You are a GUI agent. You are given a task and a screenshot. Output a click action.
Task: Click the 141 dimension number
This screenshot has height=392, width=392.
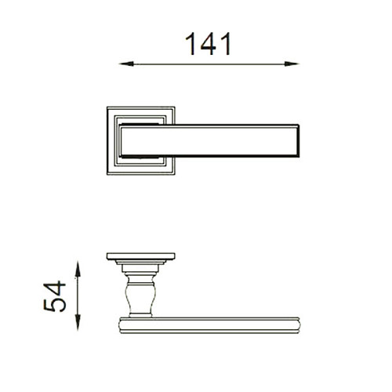[x=209, y=44]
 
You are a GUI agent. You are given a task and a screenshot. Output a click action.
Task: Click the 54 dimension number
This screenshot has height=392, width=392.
[x=55, y=296]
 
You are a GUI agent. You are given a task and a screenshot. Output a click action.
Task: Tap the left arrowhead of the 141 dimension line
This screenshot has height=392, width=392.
[x=126, y=64]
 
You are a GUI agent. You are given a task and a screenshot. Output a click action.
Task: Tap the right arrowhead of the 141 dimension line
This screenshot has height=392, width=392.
[x=292, y=64]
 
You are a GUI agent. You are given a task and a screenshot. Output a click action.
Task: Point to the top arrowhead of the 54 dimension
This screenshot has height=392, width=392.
[x=78, y=269]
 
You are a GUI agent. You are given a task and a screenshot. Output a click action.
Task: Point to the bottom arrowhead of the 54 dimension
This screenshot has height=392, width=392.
[x=78, y=323]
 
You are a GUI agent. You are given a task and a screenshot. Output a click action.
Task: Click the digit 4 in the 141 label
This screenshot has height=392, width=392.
[x=209, y=44]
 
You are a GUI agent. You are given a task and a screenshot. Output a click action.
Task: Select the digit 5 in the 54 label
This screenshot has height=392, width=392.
[x=55, y=304]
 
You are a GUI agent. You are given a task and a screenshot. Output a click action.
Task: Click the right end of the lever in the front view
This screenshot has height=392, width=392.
[x=298, y=140]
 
